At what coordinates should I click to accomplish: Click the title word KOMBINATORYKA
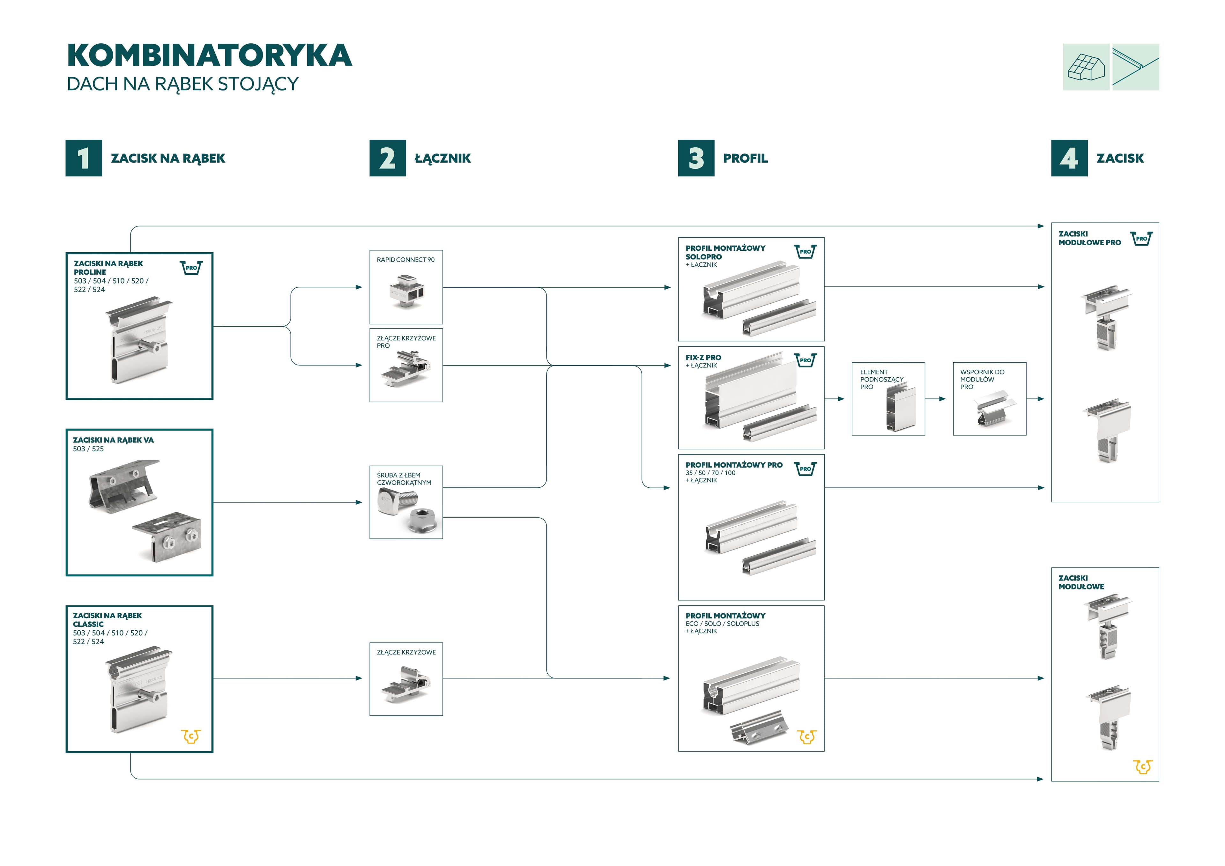point(209,56)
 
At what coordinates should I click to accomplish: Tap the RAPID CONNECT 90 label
point(405,260)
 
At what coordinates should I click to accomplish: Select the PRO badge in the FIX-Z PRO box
point(805,360)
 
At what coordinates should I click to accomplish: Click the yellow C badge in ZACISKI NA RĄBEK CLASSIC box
point(191,736)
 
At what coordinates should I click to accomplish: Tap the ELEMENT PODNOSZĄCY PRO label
point(881,379)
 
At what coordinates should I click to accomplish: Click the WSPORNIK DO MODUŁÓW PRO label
point(982,379)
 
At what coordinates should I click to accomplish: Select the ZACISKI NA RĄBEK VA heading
point(113,440)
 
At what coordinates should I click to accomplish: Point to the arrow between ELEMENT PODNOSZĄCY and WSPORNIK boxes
point(938,399)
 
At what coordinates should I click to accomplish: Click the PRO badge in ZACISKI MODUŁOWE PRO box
point(1141,239)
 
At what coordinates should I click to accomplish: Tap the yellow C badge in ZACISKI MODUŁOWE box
point(1142,767)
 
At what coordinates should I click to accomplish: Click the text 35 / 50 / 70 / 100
point(710,473)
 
